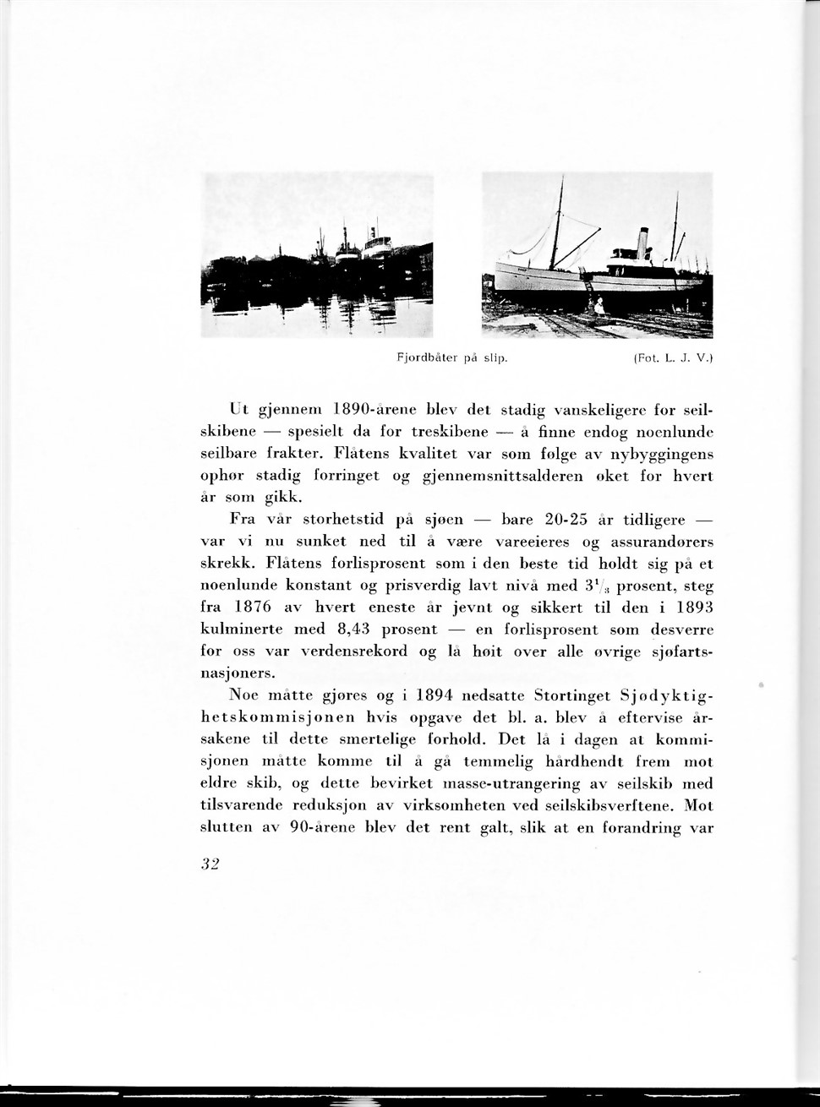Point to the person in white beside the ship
[599, 304]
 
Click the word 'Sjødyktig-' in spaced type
[667, 695]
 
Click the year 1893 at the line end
[694, 608]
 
